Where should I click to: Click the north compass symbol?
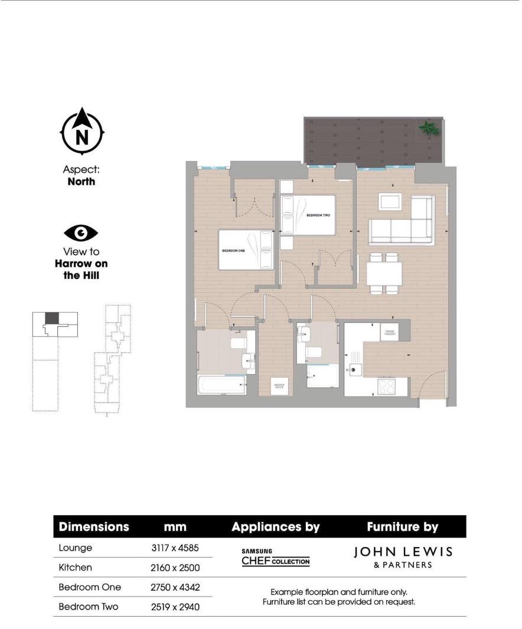(82, 133)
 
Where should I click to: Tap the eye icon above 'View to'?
(81, 233)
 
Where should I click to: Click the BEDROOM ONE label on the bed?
(233, 250)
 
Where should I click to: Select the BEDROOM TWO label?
(318, 215)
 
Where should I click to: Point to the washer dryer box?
(279, 386)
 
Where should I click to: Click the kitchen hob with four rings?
(387, 387)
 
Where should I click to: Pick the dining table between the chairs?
(384, 274)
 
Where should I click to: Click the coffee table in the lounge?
(391, 201)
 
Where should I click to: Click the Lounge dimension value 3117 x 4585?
(175, 548)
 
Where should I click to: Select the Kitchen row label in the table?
(76, 568)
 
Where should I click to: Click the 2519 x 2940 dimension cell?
(175, 607)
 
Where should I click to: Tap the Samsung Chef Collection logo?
(275, 558)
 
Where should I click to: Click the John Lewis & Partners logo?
(403, 557)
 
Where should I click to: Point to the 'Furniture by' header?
(403, 526)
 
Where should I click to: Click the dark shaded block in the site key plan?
(52, 317)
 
